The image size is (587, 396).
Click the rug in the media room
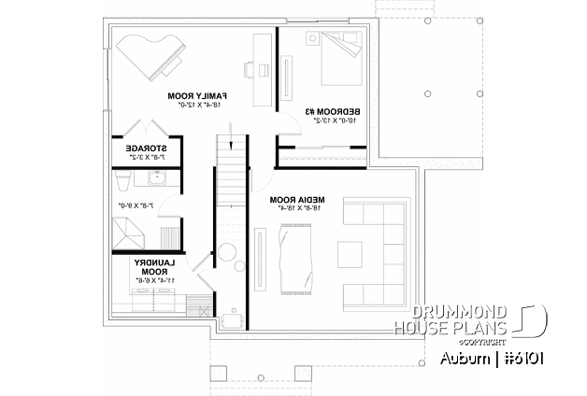(x=297, y=251)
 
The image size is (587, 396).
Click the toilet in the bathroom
(x=121, y=179)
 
